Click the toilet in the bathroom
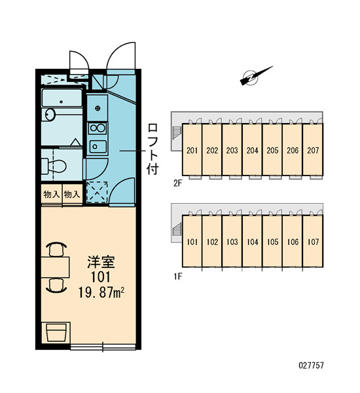point(54,166)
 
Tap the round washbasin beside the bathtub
point(50,115)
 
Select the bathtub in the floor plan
point(62,98)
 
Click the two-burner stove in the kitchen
point(98,128)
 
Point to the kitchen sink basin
point(98,146)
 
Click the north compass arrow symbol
point(256,76)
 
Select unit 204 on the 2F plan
point(252,150)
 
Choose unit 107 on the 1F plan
point(313,241)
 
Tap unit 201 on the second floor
point(192,150)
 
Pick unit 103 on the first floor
point(232,241)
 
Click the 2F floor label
point(177,183)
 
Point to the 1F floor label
point(177,276)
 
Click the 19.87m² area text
point(101,292)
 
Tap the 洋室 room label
point(101,262)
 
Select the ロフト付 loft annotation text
point(153,149)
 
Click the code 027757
point(311,365)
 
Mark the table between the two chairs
point(56,267)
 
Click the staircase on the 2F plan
point(177,134)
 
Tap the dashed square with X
point(97,192)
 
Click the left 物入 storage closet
point(52,195)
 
